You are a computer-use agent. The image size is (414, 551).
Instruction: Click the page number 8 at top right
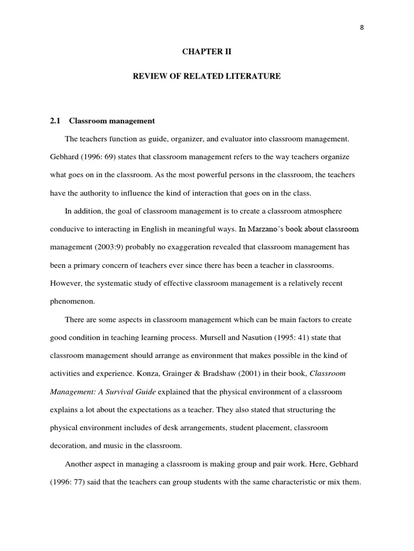pyautogui.click(x=362, y=29)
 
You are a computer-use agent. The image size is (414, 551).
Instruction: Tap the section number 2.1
pyautogui.click(x=56, y=121)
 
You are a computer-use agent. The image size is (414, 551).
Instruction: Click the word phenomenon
pyautogui.click(x=72, y=301)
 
